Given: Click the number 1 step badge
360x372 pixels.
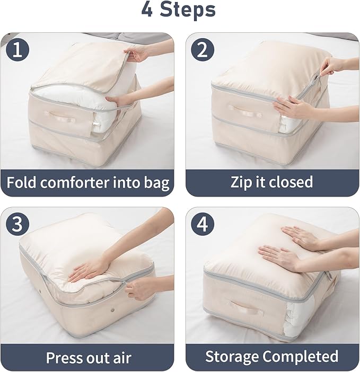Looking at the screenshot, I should (x=18, y=50).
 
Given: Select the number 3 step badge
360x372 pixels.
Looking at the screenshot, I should (x=18, y=225).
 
